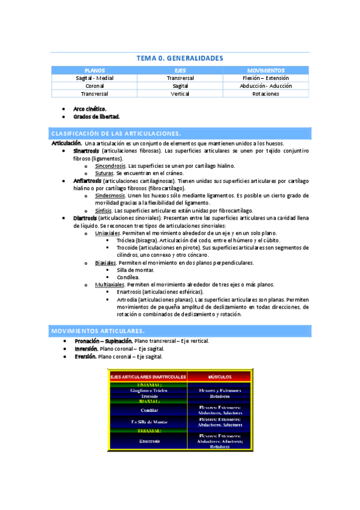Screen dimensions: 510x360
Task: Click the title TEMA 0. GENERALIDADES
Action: click(180, 58)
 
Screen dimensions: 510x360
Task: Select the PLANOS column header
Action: click(94, 70)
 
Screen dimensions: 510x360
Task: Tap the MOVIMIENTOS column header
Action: click(266, 70)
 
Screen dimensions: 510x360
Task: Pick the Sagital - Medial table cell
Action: click(94, 78)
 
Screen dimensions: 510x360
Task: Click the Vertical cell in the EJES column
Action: click(180, 94)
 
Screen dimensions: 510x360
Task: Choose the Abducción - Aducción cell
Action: click(266, 86)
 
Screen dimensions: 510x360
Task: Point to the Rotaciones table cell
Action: click(266, 94)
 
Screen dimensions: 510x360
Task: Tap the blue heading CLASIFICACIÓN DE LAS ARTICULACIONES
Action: click(117, 134)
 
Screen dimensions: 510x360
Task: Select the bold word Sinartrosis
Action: click(87, 151)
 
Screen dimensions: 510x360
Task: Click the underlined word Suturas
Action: click(105, 173)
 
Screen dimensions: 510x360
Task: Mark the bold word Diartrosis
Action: click(85, 218)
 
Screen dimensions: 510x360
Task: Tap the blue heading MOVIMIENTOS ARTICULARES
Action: click(98, 331)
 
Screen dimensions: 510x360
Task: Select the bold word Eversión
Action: click(85, 357)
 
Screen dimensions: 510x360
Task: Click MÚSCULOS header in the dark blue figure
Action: click(219, 376)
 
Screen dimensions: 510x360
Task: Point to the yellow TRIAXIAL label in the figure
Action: click(149, 431)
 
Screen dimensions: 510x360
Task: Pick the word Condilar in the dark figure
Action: click(149, 410)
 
